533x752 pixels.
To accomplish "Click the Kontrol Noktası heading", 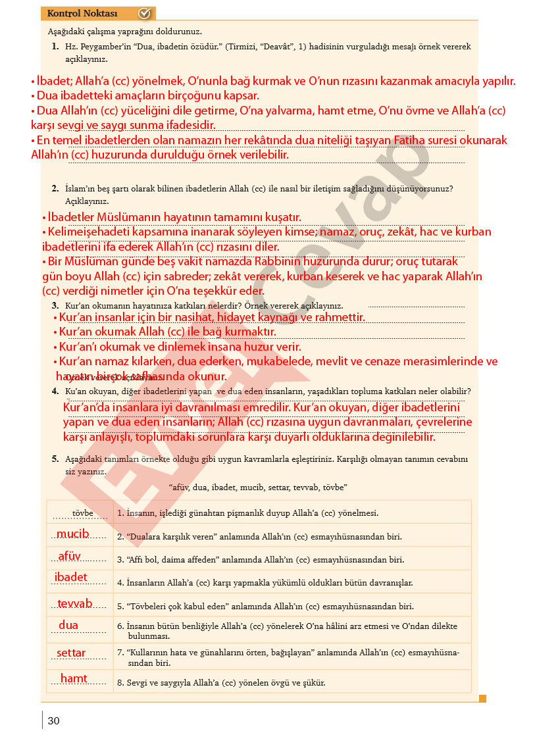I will (x=82, y=14).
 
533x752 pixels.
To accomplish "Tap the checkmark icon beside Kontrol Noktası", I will (x=145, y=14).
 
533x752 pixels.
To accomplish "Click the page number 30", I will (x=54, y=721).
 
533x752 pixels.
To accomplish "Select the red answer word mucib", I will (x=72, y=534).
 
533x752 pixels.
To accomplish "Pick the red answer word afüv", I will (x=70, y=557).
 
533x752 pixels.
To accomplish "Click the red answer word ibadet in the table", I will (x=71, y=578).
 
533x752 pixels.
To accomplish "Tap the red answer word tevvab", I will (x=75, y=604).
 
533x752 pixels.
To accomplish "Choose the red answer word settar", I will (x=71, y=653).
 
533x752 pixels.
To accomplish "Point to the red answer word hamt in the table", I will (x=74, y=678).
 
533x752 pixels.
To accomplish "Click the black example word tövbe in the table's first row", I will (x=82, y=513).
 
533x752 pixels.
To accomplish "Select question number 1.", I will (x=55, y=47).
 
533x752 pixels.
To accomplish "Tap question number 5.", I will (x=55, y=459).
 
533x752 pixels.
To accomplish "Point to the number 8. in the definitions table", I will (x=120, y=683).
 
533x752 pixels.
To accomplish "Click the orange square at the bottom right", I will (x=482, y=699).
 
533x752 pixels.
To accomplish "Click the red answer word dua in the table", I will (x=68, y=625).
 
